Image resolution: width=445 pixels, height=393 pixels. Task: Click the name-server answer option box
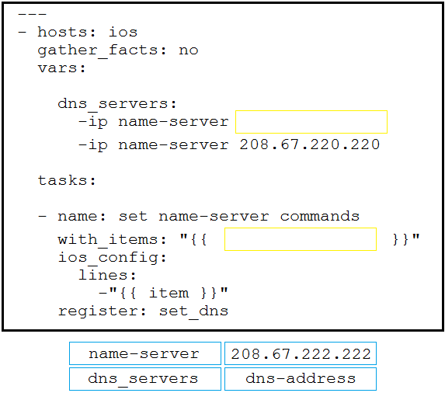click(145, 353)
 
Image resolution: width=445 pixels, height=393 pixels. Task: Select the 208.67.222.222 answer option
click(301, 353)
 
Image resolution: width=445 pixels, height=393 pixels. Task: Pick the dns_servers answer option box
click(145, 379)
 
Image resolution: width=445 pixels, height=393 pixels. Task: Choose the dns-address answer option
click(301, 379)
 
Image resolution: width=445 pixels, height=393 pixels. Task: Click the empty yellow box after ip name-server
click(311, 122)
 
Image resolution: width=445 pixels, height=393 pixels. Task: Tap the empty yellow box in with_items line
click(301, 239)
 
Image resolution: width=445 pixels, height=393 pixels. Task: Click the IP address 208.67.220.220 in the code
click(310, 144)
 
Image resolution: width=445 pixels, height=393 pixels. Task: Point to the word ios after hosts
click(123, 32)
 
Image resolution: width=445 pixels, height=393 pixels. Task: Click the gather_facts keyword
click(97, 50)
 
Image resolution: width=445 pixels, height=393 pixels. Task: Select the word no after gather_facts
click(189, 50)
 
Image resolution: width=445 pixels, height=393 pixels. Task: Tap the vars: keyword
click(61, 68)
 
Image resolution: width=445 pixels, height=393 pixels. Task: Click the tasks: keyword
click(67, 180)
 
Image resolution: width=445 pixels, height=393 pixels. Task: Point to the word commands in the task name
click(319, 216)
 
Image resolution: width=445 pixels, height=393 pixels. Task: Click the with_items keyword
click(107, 240)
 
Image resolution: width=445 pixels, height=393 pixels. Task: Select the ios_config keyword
click(107, 258)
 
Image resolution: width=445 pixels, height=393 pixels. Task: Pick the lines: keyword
click(107, 275)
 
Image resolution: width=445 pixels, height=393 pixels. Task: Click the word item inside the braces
click(169, 293)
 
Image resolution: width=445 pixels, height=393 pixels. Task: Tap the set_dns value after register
click(193, 311)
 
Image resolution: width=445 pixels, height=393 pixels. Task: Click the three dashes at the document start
click(32, 14)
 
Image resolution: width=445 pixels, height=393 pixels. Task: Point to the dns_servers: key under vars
click(117, 104)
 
